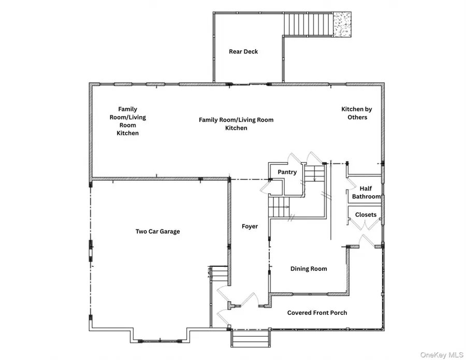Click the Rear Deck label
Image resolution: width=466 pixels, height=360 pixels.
pyautogui.click(x=243, y=52)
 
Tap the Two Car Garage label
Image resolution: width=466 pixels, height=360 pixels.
pyautogui.click(x=158, y=232)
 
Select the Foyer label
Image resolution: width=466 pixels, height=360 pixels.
pyautogui.click(x=250, y=226)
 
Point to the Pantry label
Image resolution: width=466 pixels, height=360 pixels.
pyautogui.click(x=287, y=172)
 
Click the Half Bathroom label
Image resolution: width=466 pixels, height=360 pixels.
pyautogui.click(x=366, y=193)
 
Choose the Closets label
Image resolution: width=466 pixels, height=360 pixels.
pyautogui.click(x=366, y=214)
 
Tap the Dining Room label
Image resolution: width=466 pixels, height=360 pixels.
pyautogui.click(x=309, y=269)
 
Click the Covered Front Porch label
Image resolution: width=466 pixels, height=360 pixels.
pyautogui.click(x=317, y=313)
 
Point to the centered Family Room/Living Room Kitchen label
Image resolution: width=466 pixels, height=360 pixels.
pyautogui.click(x=236, y=124)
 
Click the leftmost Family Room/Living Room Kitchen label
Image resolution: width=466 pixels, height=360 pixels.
pyautogui.click(x=128, y=121)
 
